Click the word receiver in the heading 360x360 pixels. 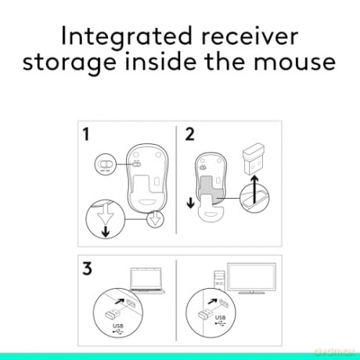tap(250, 37)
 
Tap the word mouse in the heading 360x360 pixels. tap(295, 63)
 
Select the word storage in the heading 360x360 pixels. tap(70, 63)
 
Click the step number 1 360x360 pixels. tap(86, 134)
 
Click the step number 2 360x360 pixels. tap(189, 134)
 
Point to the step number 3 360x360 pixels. tap(87, 268)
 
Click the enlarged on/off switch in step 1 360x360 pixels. tap(105, 164)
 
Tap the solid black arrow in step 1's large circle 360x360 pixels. tap(105, 232)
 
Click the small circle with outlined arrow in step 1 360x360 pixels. tap(156, 218)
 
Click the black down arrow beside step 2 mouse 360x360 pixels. tap(191, 203)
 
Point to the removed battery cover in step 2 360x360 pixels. tap(211, 211)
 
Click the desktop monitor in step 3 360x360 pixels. tap(251, 278)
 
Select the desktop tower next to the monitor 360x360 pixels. tap(219, 280)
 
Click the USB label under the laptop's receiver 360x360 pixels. tap(118, 326)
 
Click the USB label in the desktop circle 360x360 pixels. tap(220, 318)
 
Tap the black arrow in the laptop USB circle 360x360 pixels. tap(120, 301)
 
